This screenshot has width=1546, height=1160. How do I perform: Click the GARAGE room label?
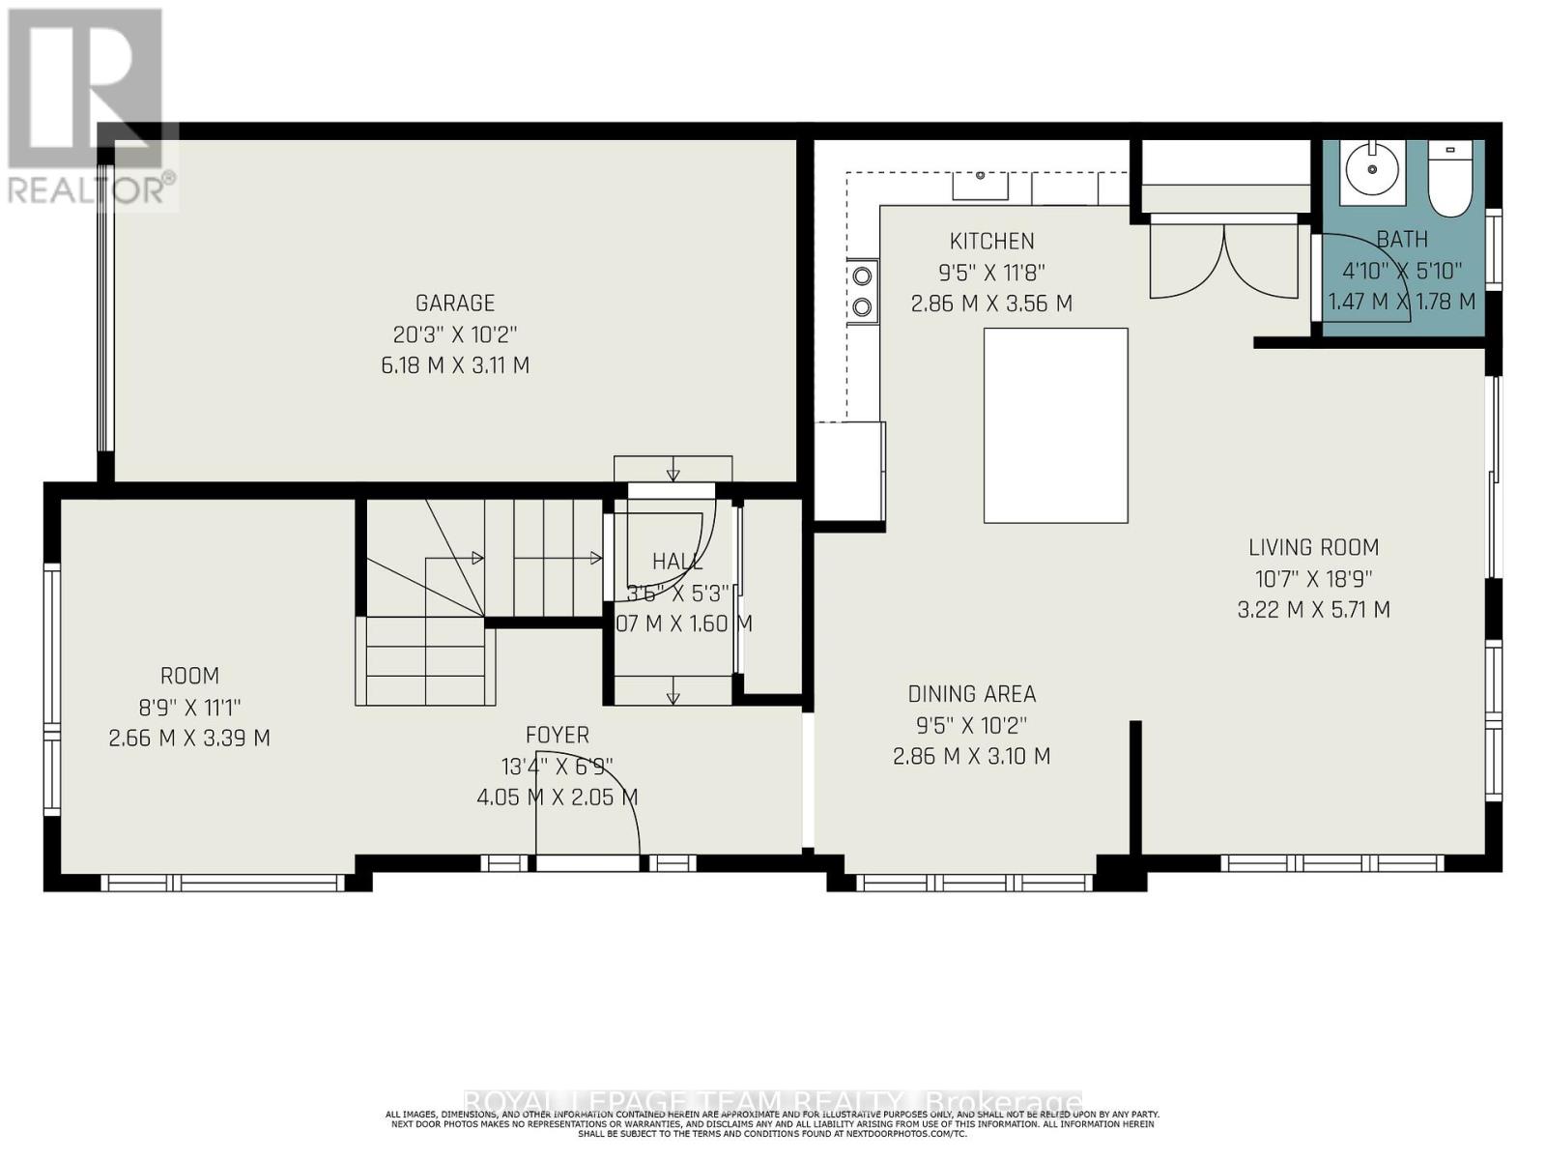(x=455, y=303)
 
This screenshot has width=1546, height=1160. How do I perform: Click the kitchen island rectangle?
(x=1055, y=425)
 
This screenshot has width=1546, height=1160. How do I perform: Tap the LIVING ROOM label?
(x=1313, y=547)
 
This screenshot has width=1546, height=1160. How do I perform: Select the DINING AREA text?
(x=971, y=694)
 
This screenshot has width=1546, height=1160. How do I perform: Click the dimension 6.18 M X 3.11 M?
(x=455, y=365)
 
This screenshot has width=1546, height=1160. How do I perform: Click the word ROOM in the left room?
(x=189, y=676)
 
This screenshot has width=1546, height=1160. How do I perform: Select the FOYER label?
(x=558, y=736)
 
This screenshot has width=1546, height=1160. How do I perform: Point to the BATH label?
(x=1402, y=239)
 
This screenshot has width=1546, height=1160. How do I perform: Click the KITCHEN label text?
(x=991, y=241)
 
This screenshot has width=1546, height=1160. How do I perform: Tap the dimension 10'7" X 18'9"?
(x=1313, y=578)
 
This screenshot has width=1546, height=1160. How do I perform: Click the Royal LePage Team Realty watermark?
(x=773, y=1102)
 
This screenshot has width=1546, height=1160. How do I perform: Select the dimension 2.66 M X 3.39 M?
(x=189, y=739)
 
